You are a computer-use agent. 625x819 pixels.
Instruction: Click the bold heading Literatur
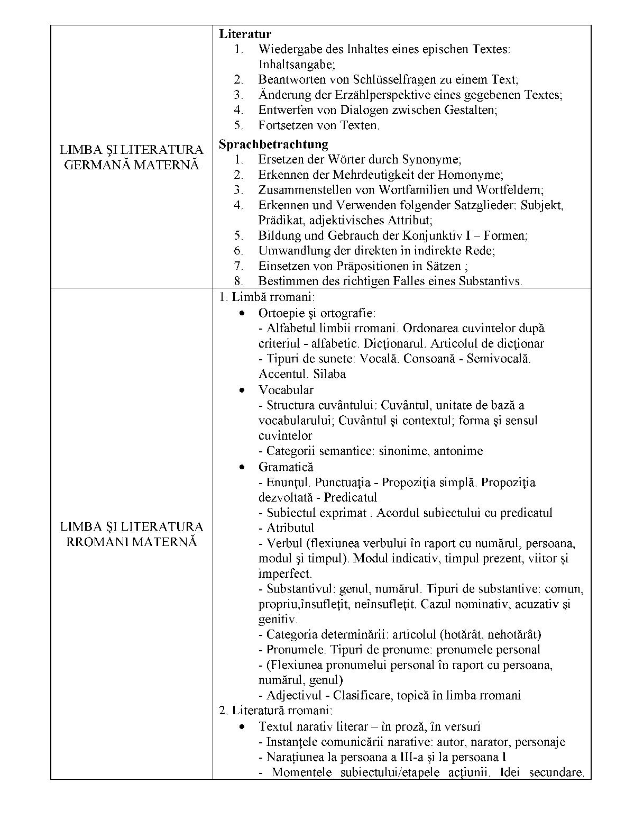click(x=245, y=34)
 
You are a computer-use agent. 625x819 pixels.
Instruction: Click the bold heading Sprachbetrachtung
click(x=273, y=144)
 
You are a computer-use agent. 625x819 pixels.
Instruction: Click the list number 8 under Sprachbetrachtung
click(x=238, y=281)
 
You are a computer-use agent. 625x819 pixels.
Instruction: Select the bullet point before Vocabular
click(x=242, y=390)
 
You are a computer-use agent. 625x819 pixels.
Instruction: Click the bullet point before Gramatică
click(x=242, y=467)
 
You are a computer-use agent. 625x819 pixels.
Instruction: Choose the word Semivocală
click(x=498, y=359)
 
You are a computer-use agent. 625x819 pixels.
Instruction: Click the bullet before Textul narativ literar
click(x=242, y=727)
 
